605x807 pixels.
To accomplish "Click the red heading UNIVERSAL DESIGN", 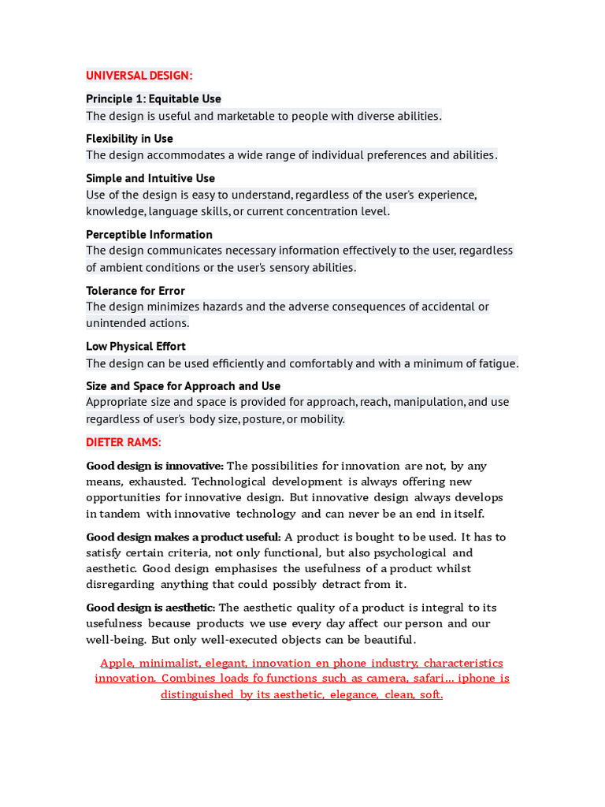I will tap(139, 76).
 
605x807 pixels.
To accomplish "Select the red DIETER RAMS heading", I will tap(124, 442).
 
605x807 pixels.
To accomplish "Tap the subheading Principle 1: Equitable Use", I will tap(154, 99).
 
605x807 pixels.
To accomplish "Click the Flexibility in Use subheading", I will tap(129, 139).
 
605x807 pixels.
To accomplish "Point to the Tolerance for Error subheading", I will tap(135, 291).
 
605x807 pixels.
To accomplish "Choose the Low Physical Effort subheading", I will tap(135, 346).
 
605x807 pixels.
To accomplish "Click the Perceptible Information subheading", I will tap(149, 234).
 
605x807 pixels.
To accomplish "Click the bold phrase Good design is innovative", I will tap(154, 466).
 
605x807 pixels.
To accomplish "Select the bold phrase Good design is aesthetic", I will tap(150, 608).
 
